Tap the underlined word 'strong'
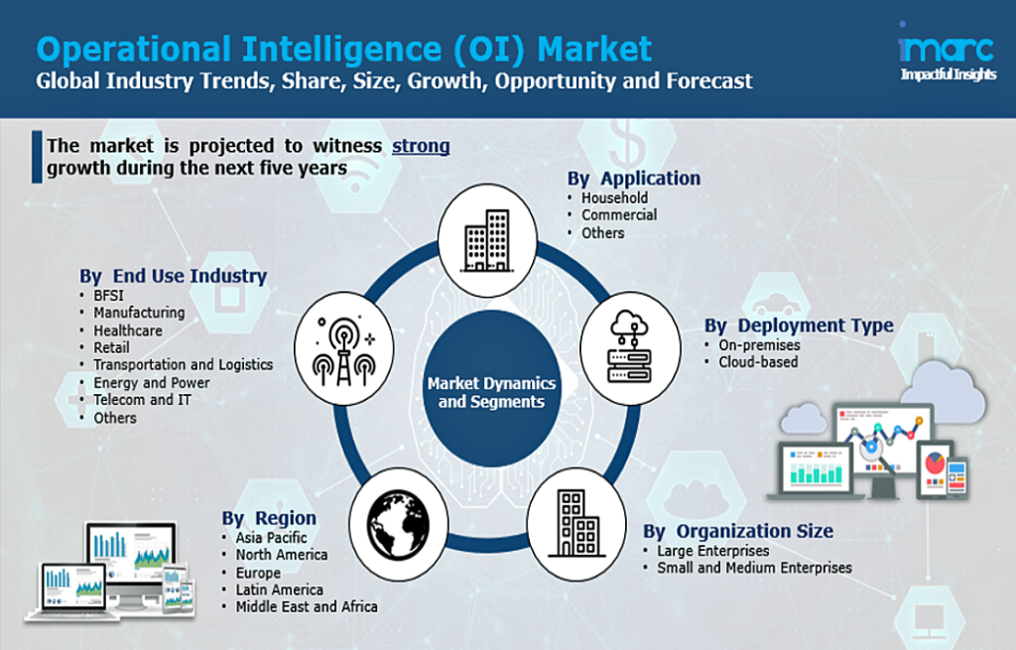(x=421, y=146)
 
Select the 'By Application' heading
(x=634, y=179)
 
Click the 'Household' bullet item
(x=614, y=197)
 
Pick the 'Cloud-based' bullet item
(x=758, y=362)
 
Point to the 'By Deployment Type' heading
(x=799, y=325)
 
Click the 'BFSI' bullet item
(x=108, y=296)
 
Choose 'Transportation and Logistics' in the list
(x=183, y=365)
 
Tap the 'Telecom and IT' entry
(x=142, y=400)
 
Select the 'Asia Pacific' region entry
(x=271, y=538)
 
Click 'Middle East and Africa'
(x=306, y=607)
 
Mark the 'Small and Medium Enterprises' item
(x=754, y=569)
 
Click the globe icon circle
(x=399, y=524)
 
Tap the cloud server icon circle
(x=630, y=347)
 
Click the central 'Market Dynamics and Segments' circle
(x=491, y=389)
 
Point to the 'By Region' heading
(x=269, y=518)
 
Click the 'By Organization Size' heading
(x=738, y=531)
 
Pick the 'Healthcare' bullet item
(x=128, y=330)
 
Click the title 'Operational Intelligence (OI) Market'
(x=343, y=50)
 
